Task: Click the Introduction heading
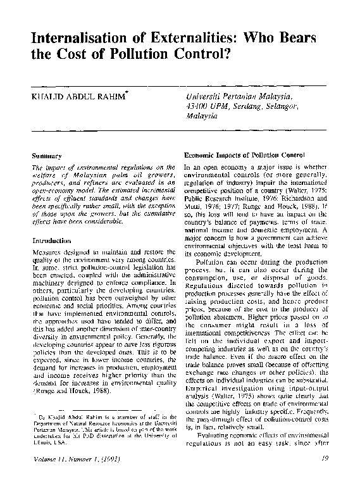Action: (54, 241)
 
